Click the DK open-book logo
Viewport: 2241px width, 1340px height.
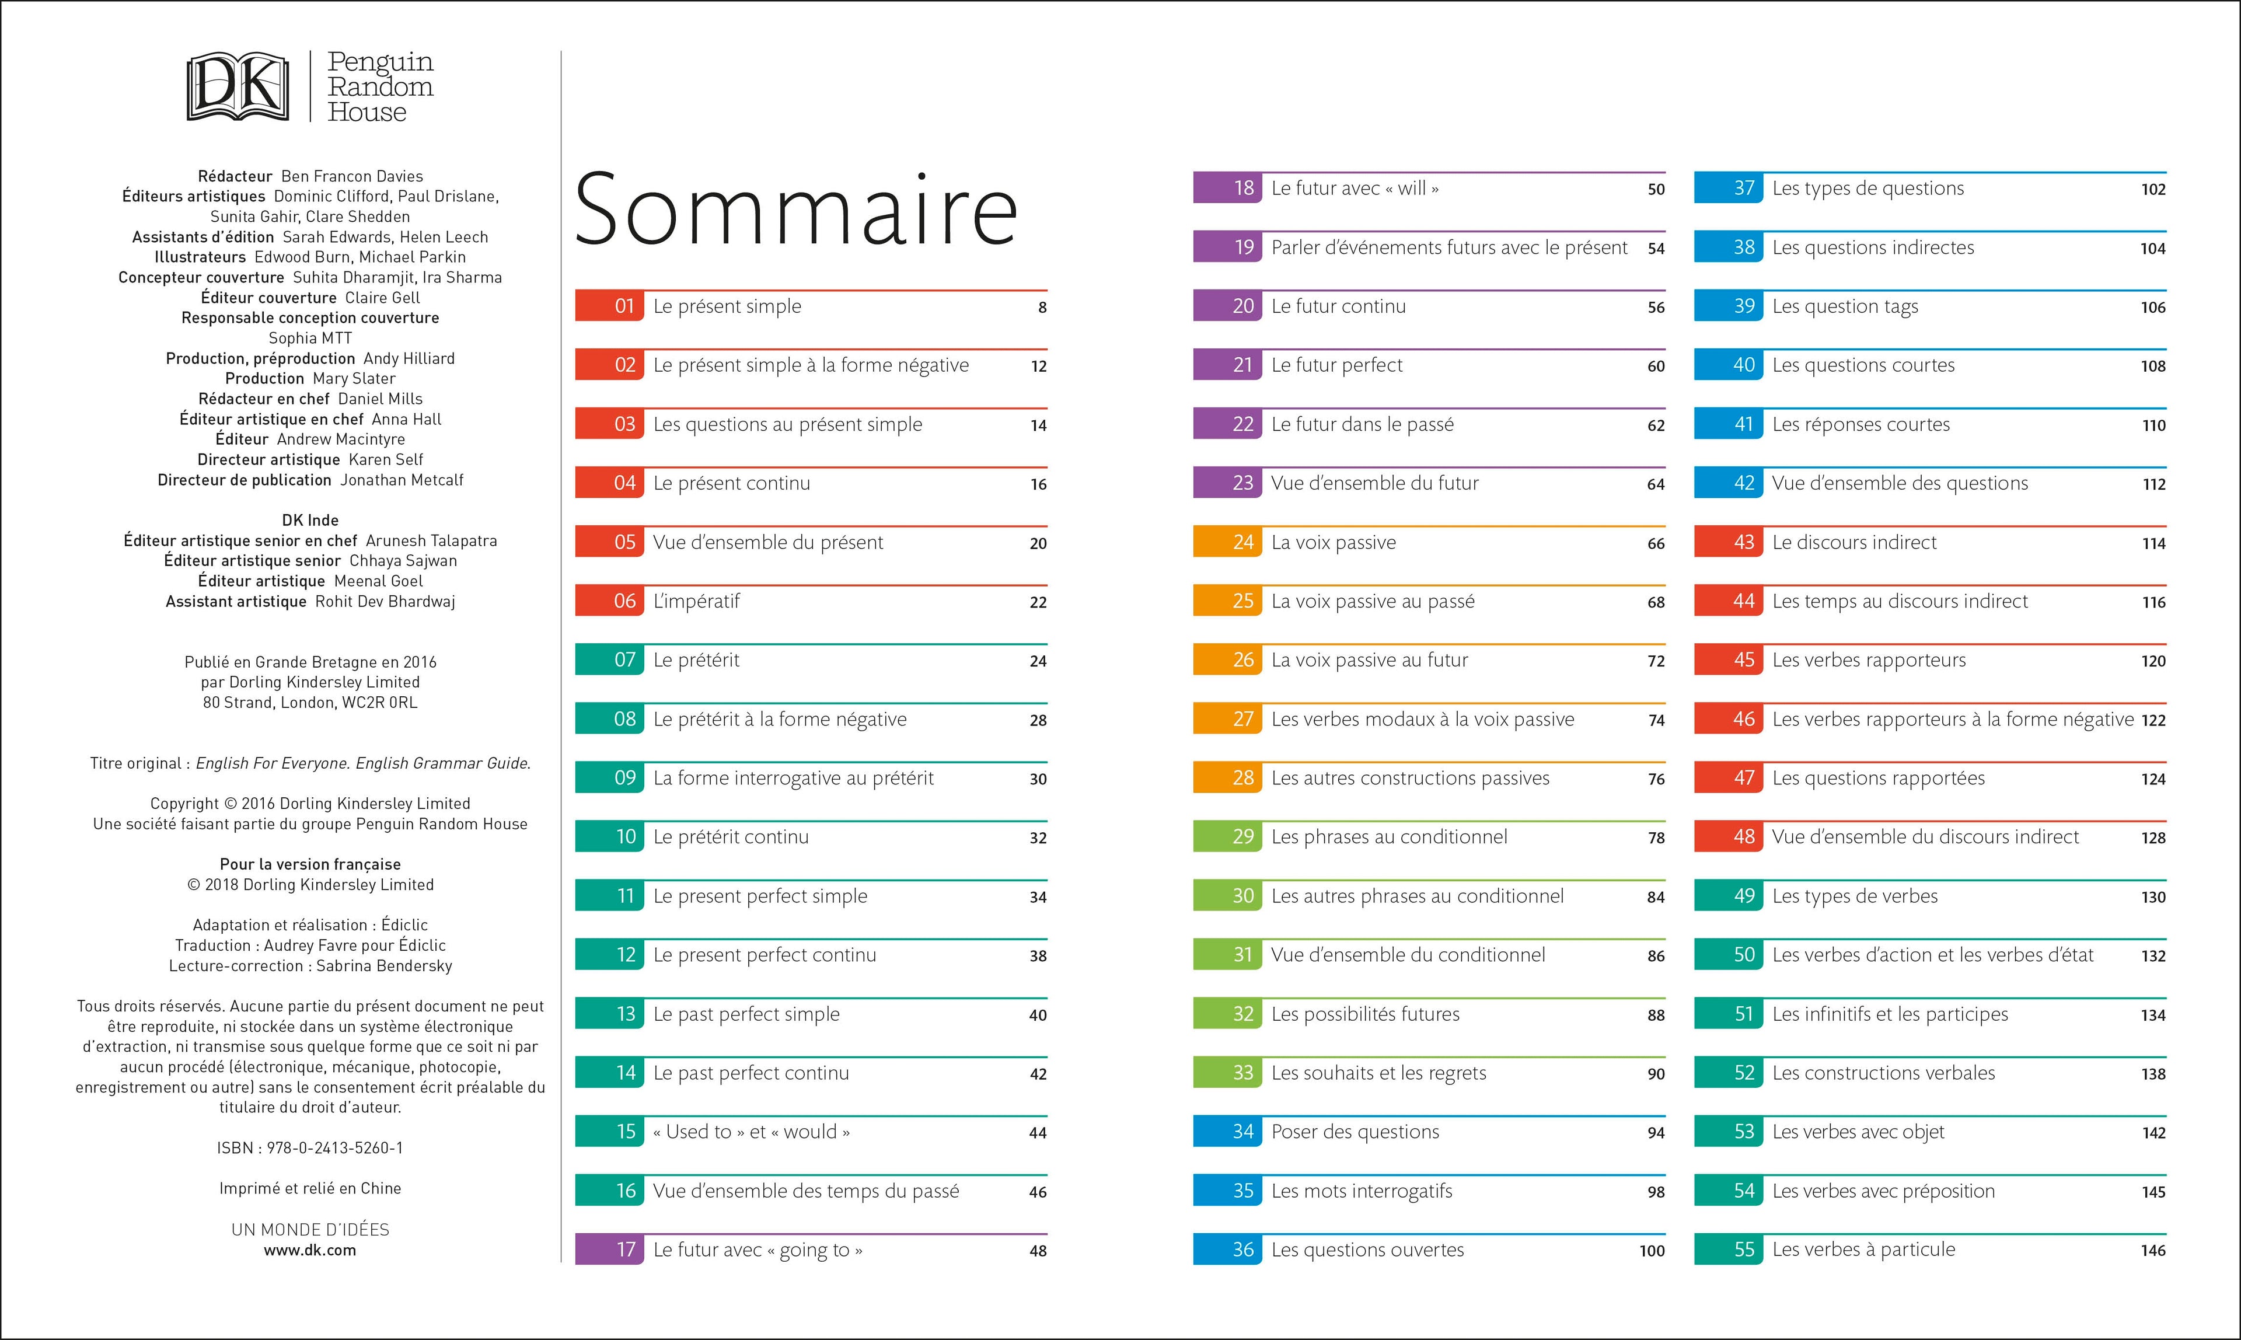238,87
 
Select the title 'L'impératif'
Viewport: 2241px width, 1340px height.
696,601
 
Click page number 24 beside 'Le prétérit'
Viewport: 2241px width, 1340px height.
1038,661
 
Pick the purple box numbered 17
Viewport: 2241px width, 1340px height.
609,1250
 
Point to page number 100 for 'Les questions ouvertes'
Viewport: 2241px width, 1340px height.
1652,1251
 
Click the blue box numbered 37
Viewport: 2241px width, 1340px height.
1727,189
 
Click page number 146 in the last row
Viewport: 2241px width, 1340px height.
2152,1251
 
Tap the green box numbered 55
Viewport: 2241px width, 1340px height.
1727,1250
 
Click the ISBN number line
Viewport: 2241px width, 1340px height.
310,1147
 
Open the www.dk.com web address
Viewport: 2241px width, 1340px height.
310,1251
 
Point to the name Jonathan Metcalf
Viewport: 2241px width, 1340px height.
401,480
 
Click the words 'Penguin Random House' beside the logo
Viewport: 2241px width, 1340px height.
380,87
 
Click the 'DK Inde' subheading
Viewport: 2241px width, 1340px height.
310,520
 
